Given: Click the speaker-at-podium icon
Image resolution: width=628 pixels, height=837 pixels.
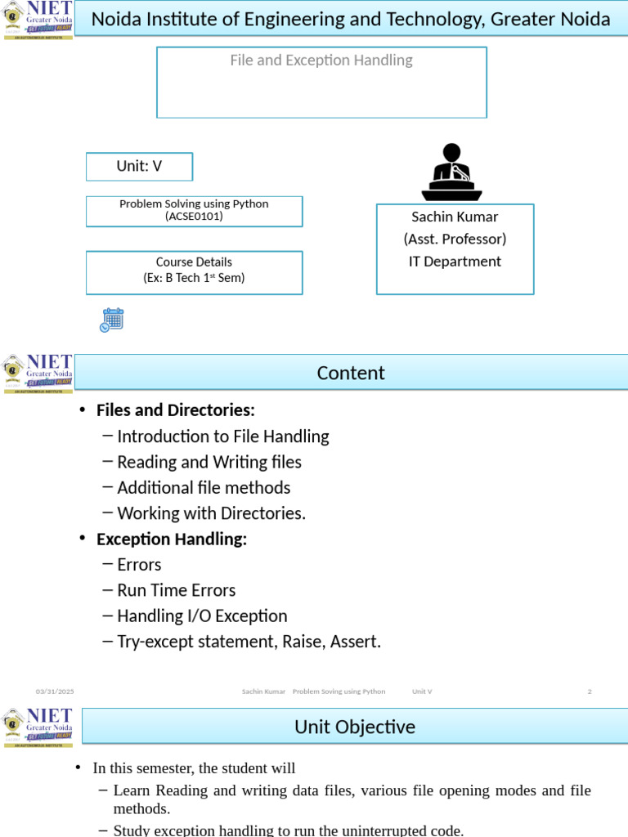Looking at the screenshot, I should coord(451,172).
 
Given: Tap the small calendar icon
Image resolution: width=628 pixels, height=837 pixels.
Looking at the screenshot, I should coord(112,320).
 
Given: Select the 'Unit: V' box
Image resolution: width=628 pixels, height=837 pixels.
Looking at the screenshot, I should coord(139,166).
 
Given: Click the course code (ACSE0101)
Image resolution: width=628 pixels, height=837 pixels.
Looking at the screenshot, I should coord(194,217).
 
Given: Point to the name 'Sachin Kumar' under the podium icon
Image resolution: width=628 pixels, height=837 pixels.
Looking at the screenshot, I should coord(455,217).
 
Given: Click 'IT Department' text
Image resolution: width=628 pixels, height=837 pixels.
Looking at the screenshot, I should coord(455,262).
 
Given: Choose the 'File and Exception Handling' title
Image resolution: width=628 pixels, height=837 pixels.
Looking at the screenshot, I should coord(321,60).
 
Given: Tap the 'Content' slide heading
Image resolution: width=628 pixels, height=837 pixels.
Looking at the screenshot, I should coord(351,373).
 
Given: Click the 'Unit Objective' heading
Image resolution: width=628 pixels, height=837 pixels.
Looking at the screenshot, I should coord(355,726).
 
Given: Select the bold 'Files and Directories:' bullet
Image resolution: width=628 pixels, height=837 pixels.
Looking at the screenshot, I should coord(176,410).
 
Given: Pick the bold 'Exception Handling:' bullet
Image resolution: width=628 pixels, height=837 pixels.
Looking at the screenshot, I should coord(172,539).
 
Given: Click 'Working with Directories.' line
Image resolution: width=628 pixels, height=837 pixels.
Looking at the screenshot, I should coord(211,513).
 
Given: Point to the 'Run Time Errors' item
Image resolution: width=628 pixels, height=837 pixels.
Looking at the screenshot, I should coord(177,590).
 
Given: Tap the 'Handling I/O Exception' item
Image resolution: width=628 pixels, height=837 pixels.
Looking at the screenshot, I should coord(202,615).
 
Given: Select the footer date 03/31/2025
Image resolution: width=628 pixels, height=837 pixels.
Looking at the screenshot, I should coord(55,692).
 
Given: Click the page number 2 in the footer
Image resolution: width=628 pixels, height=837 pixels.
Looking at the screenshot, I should coord(590,692).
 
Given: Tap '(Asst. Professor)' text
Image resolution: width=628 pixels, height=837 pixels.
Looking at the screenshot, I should coord(455,239).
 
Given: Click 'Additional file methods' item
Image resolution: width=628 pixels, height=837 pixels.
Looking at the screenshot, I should coord(204,487).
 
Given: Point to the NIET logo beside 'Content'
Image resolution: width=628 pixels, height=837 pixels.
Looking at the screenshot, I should coord(38,374).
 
